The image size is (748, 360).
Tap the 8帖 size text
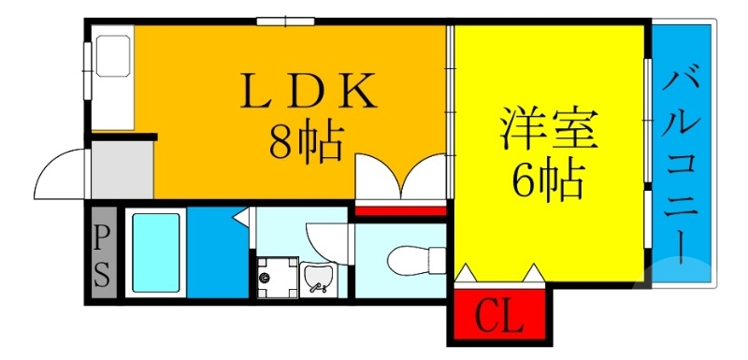304,141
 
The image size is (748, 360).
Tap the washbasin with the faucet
319,278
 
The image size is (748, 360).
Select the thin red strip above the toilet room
399,211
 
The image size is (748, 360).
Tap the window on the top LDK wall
284,21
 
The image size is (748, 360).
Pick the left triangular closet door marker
467,274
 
